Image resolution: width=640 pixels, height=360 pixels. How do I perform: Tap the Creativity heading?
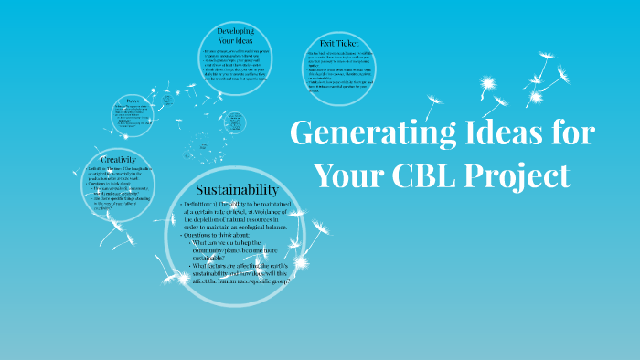(119, 159)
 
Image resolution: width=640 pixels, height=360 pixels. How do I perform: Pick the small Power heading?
(134, 101)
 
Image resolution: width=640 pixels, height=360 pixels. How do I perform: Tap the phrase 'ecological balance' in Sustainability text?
(266, 226)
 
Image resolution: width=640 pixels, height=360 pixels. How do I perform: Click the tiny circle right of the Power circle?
(234, 121)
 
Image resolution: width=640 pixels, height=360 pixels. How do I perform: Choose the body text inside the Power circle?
(134, 117)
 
